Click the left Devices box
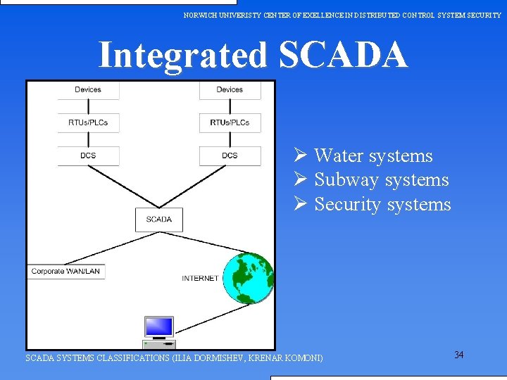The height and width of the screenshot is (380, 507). point(88,90)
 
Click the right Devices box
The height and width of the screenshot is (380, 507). point(230,90)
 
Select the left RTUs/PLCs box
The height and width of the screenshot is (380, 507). point(88,122)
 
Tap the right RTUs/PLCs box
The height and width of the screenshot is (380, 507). point(230,122)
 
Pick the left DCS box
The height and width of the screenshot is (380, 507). point(88,156)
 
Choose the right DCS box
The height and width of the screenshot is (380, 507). point(230,156)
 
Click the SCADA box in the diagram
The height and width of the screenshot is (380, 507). point(158,220)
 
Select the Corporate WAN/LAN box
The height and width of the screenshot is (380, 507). point(66,272)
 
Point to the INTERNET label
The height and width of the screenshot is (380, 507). point(200,279)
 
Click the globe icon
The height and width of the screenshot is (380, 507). point(247,278)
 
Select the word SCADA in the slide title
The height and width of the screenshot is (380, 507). point(343,55)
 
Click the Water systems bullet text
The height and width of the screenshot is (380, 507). point(373,156)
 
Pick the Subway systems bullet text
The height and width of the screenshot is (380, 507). point(381,180)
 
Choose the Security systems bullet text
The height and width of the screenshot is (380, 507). point(382,205)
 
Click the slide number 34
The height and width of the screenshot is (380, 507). point(459,355)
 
